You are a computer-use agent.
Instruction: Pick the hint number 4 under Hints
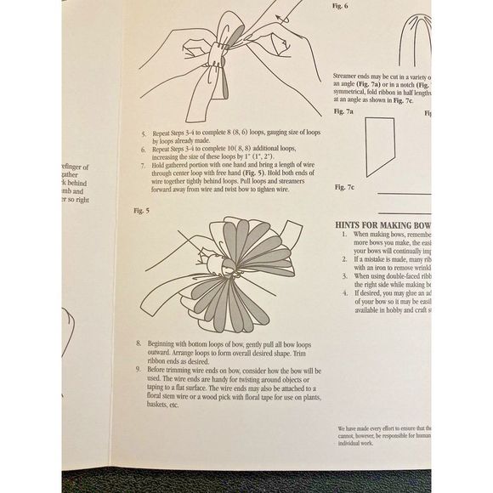click(x=335, y=293)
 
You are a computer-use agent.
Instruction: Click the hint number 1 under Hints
click(x=335, y=233)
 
